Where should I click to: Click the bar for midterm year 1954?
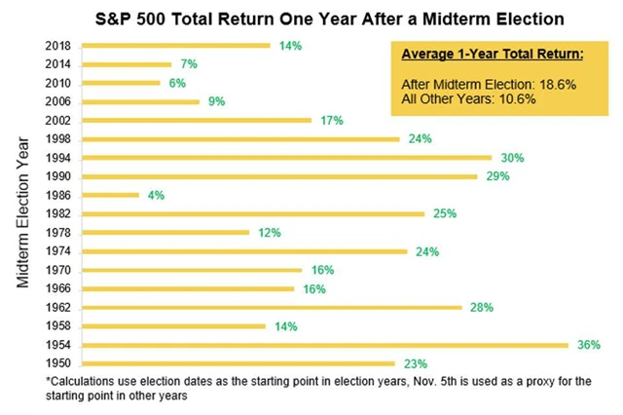coord(324,344)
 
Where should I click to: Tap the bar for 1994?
coord(287,157)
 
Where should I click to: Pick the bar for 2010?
coord(121,83)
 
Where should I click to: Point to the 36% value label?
coord(588,344)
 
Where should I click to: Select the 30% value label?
coord(512,157)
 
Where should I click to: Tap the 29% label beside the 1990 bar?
coord(496,176)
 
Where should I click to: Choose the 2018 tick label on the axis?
coord(57,46)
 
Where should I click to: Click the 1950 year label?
coord(57,362)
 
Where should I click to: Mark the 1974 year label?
coord(57,250)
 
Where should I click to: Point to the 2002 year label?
coord(57,120)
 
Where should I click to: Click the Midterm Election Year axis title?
coord(24,204)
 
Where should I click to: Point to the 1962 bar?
coord(272,307)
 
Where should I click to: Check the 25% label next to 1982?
coord(445,213)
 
